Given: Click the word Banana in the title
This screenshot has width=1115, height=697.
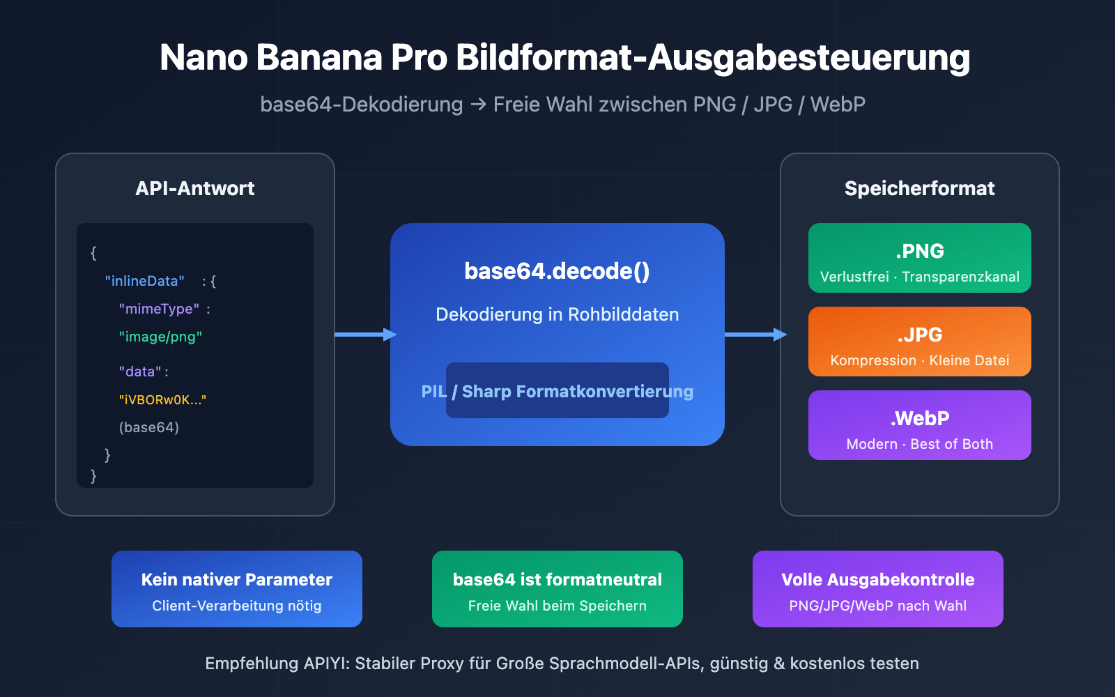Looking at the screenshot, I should coord(318,57).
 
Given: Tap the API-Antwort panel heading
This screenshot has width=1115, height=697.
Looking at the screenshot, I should coord(195,188).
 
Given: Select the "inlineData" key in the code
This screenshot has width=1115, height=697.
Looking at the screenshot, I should coord(144,281).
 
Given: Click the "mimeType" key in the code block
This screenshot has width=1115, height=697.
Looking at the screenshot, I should coord(159,309).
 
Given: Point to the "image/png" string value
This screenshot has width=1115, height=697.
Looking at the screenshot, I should coord(160,337).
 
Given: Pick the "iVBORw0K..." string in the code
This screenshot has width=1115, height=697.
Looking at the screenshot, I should coord(162,399).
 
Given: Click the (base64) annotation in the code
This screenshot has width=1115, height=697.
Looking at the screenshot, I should coord(149,427).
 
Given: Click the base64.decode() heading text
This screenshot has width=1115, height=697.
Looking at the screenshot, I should coord(557,271).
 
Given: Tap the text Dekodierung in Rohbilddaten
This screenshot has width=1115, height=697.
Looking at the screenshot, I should coord(557,314).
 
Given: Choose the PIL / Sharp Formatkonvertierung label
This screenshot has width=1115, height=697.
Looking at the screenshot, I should coord(557,391).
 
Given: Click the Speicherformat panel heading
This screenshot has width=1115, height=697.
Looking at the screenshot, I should coord(919,188).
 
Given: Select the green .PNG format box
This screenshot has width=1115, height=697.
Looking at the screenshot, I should coord(919,258).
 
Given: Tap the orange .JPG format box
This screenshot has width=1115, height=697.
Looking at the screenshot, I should coord(919,342).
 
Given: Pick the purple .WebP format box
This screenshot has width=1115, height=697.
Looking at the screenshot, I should coord(919,425).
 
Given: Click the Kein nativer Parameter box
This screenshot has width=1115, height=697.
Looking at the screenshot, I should coord(237,589).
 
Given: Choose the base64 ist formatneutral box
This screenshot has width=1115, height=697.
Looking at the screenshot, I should coord(557,589).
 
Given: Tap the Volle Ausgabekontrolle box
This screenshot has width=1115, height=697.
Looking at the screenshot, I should coord(877,589).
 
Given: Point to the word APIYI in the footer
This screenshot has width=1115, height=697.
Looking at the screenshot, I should coord(326,664).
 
